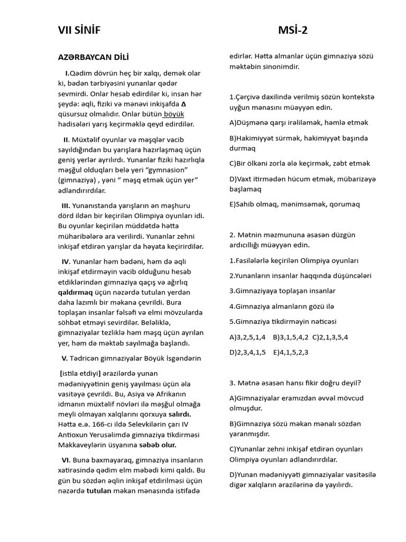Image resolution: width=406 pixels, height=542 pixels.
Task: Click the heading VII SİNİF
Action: (x=79, y=30)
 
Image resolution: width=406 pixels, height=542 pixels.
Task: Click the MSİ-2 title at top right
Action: (x=292, y=30)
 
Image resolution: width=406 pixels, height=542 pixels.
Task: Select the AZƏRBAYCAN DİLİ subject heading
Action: (x=93, y=57)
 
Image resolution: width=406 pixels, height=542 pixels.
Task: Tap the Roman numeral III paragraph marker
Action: (x=66, y=205)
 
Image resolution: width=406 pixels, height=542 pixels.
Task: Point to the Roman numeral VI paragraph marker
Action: (x=66, y=460)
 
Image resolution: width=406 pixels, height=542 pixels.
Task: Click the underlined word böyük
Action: (x=174, y=114)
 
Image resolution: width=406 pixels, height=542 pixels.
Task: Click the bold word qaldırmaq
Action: (x=75, y=292)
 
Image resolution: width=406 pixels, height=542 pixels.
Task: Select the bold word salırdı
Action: (x=179, y=414)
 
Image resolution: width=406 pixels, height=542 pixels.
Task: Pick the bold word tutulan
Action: (x=99, y=491)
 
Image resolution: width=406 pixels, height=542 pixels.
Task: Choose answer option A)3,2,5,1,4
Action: (x=247, y=337)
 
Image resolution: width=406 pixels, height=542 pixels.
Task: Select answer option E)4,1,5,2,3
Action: (x=291, y=352)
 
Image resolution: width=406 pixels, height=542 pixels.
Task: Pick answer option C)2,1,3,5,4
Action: (x=330, y=337)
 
